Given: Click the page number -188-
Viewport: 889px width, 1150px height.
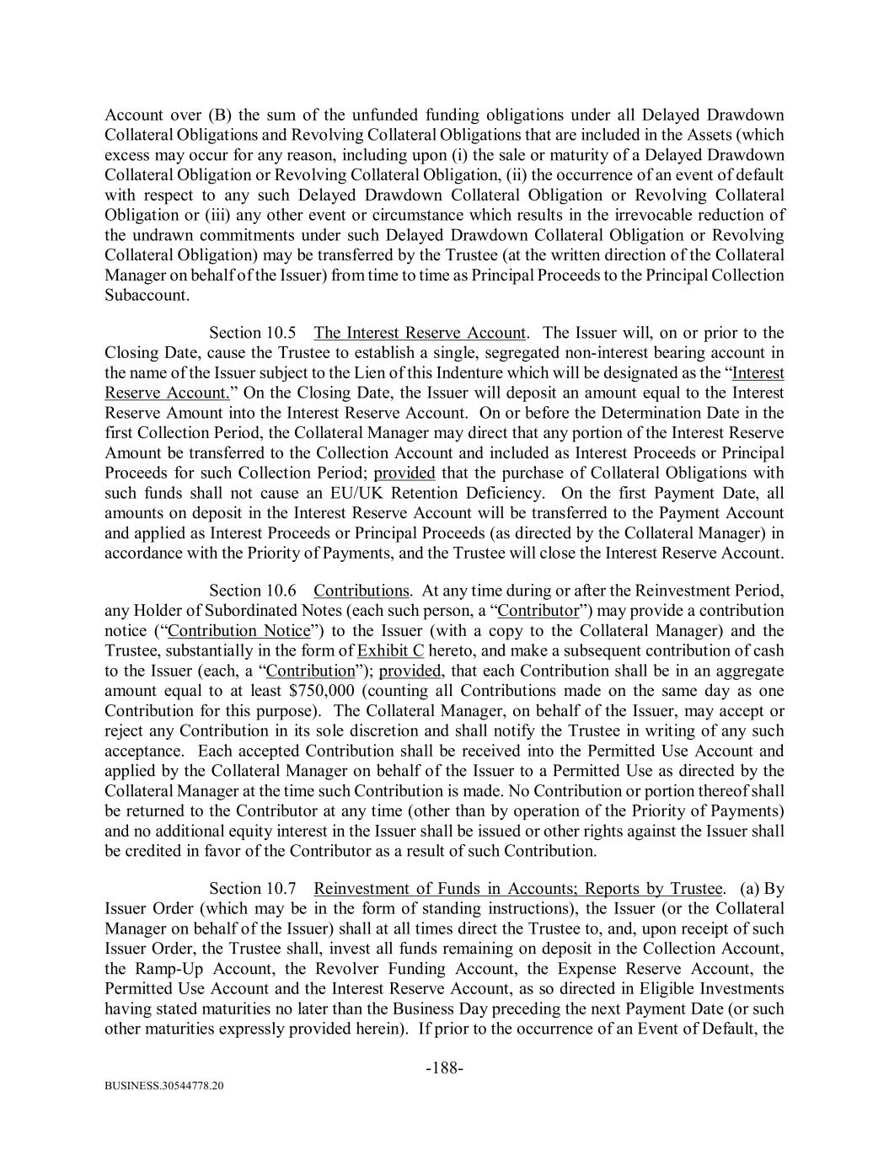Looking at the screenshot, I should coord(444,1068).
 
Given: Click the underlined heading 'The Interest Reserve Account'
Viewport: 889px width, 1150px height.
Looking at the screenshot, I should coord(420,333).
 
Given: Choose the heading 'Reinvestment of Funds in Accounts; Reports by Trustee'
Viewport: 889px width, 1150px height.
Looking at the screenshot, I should coord(517,889).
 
